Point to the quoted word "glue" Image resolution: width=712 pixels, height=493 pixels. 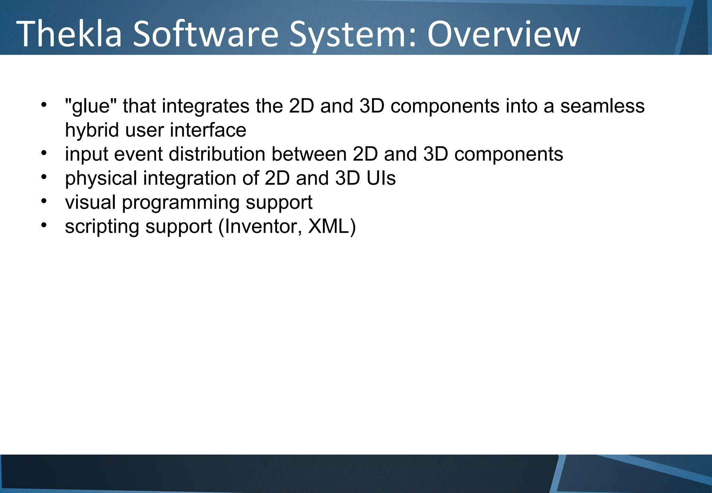(x=91, y=106)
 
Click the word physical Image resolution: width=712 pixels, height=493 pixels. (x=101, y=178)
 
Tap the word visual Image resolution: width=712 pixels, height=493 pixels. (x=90, y=202)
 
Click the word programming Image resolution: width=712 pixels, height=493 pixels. (x=180, y=203)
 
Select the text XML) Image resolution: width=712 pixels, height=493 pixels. (x=332, y=226)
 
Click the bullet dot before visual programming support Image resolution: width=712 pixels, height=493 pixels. (x=43, y=201)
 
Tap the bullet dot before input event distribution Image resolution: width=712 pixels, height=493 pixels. (x=43, y=153)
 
